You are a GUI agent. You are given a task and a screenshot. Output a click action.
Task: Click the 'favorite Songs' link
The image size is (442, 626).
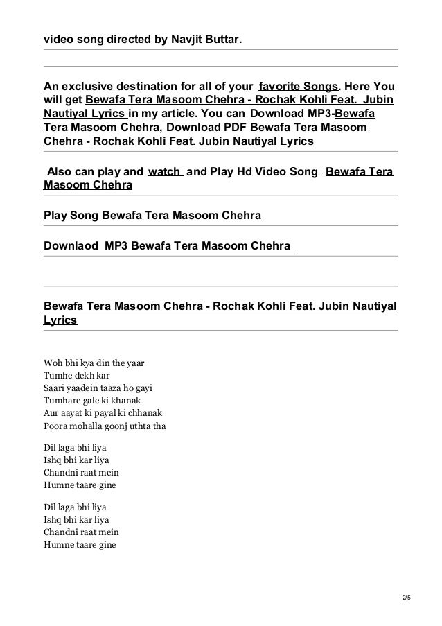point(298,87)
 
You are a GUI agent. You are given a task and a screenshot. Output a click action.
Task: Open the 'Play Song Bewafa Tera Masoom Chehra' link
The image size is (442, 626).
point(154,216)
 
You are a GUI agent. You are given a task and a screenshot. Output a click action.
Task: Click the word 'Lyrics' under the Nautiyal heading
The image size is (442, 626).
point(60,322)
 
